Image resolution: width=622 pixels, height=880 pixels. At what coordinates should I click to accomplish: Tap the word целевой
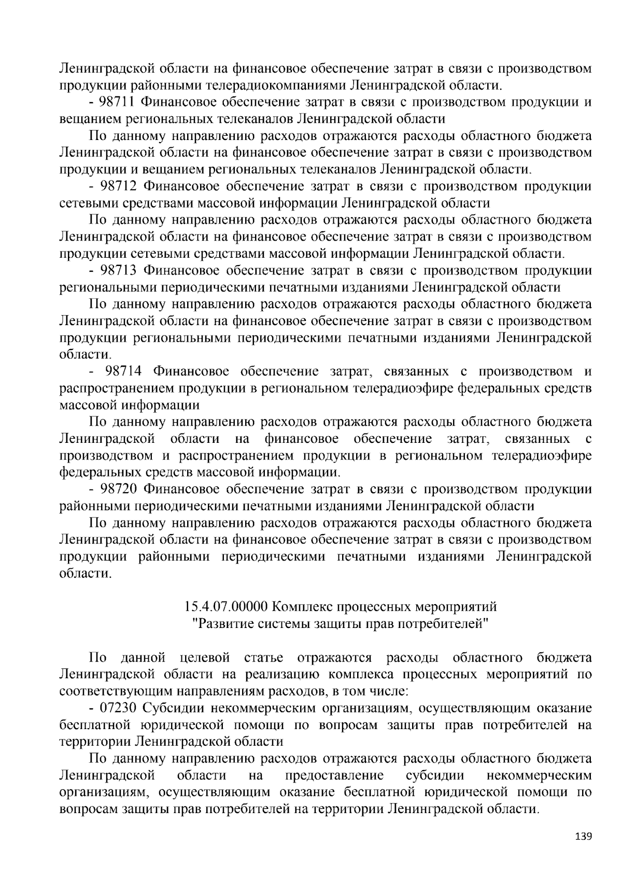point(204,658)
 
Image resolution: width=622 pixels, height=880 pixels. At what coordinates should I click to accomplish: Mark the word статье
point(263,658)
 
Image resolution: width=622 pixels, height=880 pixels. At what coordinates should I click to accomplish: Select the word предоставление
point(334,775)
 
